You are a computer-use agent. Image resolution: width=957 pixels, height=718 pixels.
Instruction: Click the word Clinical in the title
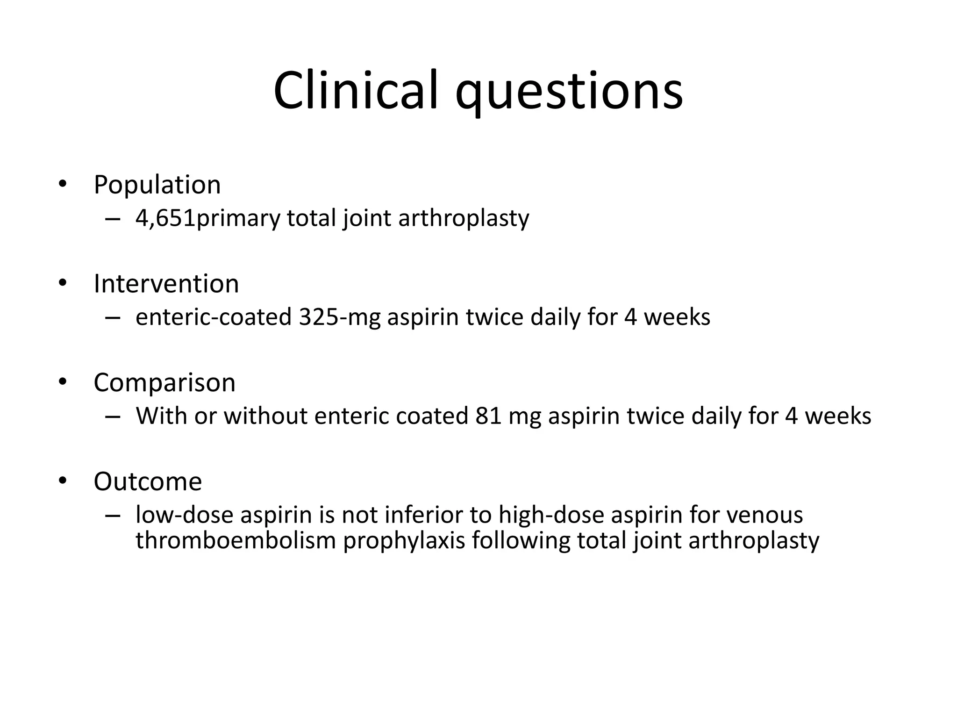356,90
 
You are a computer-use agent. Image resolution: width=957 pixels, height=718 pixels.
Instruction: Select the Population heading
157,185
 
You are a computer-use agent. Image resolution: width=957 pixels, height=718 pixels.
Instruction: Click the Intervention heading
166,284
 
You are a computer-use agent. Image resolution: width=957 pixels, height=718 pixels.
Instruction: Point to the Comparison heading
164,383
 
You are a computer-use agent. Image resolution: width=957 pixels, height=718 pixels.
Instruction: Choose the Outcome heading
148,481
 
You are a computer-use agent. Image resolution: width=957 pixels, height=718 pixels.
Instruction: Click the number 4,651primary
207,218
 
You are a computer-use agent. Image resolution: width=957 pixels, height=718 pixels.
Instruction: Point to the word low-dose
184,515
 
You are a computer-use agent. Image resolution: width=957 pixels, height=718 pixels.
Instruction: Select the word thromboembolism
236,540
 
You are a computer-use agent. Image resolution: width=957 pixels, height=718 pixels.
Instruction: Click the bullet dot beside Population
63,184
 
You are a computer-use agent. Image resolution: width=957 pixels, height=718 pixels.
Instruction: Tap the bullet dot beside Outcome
63,481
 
